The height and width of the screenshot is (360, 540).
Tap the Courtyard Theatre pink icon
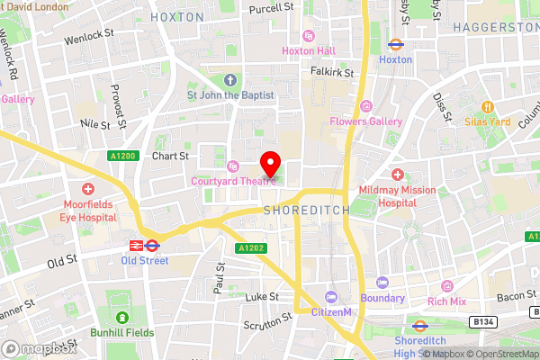(234, 166)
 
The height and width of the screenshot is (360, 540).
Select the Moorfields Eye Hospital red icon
(88, 189)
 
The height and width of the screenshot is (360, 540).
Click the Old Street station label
(144, 261)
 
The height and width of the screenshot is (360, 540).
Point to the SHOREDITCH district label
(301, 210)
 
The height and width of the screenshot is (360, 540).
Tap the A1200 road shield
(122, 156)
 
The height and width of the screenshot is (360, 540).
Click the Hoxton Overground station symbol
(395, 42)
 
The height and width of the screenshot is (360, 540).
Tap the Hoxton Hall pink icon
(310, 35)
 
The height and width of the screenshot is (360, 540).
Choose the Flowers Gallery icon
(365, 105)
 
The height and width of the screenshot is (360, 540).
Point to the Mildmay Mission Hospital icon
(398, 173)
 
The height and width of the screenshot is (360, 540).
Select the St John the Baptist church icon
(229, 78)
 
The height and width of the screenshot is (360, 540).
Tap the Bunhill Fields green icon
(122, 317)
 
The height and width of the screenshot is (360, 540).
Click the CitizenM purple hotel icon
(331, 297)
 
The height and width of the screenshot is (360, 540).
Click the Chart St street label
(170, 155)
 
